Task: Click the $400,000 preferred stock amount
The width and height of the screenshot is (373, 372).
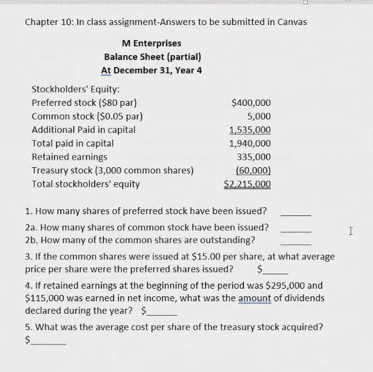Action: pos(251,103)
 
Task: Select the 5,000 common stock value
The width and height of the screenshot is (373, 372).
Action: pos(259,116)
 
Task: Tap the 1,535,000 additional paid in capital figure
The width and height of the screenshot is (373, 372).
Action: pos(250,130)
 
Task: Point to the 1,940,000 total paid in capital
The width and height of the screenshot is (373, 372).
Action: pos(250,143)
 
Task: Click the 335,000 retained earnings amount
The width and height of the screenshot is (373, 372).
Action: pos(254,157)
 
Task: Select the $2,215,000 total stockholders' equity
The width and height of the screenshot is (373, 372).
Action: pos(247,184)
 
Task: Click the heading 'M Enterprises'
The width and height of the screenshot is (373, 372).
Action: pos(152,43)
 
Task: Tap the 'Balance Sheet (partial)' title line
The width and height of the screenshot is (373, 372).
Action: pos(152,56)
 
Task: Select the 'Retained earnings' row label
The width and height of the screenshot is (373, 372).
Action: pos(69,157)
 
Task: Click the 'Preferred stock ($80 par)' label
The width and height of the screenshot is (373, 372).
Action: pos(84,103)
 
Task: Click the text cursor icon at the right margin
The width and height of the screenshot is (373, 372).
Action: pos(350,232)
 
